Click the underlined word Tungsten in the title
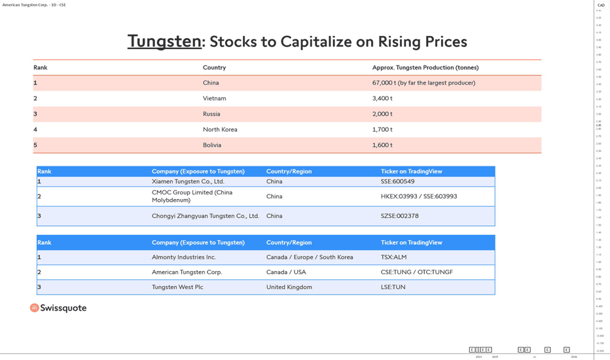164,41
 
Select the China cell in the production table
211,83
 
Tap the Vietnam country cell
214,98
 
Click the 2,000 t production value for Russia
382,114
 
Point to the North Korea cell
220,130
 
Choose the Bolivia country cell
212,145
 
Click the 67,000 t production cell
423,83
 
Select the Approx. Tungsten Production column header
425,67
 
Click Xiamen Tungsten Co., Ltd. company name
188,181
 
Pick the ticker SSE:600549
397,181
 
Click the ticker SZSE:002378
399,216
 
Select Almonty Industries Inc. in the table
183,257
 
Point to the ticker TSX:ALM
393,257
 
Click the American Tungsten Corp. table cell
187,272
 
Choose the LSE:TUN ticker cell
393,287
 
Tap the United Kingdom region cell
289,287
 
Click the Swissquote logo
58,308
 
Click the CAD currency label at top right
601,5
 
